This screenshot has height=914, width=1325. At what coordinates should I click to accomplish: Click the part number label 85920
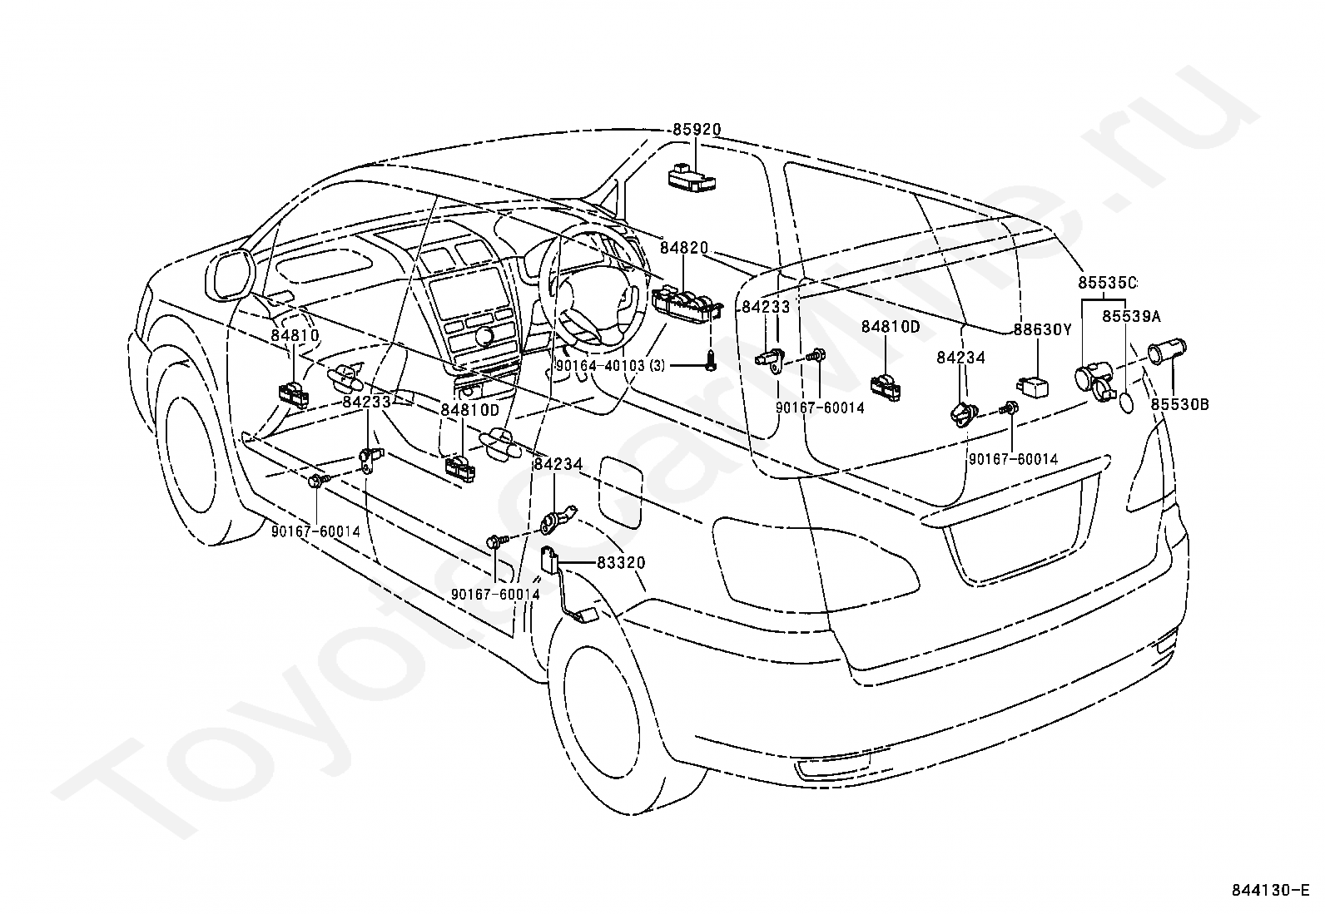click(697, 130)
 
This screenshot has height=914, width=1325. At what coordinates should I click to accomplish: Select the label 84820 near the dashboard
click(684, 249)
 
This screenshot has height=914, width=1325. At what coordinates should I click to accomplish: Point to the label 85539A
click(1131, 317)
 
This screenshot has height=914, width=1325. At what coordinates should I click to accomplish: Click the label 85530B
click(1179, 404)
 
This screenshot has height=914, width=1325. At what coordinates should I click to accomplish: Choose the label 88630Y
click(1043, 329)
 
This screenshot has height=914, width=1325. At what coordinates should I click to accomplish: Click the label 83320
click(621, 563)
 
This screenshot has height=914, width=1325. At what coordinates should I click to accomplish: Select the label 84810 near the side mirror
click(295, 336)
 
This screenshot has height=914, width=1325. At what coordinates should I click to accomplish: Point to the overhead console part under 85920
click(692, 178)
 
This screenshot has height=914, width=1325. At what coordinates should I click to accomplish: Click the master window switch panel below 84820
click(688, 305)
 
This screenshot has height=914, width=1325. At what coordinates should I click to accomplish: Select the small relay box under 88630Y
click(1032, 386)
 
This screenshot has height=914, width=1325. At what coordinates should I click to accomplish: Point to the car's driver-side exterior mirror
click(230, 275)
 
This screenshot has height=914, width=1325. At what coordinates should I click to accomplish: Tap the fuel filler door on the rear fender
click(621, 492)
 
